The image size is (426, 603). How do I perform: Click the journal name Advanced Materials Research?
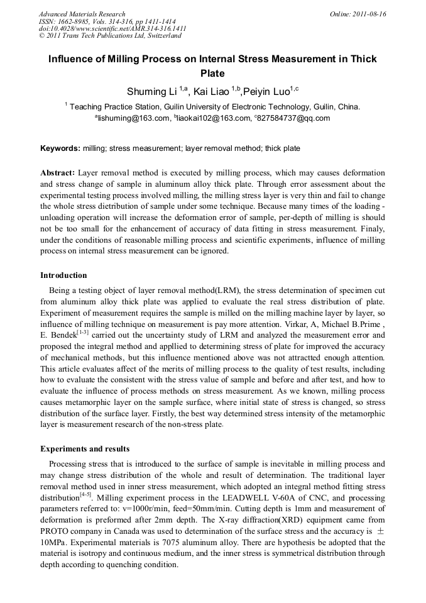click(82, 14)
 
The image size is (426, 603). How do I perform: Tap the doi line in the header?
click(112, 28)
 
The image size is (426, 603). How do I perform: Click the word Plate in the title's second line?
click(212, 73)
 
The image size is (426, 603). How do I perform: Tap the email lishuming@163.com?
click(133, 118)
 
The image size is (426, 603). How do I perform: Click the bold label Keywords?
click(60, 148)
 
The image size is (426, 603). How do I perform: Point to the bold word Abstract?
click(58, 172)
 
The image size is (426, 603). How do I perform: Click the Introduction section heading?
click(63, 275)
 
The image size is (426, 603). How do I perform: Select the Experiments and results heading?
click(85, 449)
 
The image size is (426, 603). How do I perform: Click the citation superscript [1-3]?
click(83, 331)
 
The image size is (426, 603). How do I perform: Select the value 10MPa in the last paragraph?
click(56, 542)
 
